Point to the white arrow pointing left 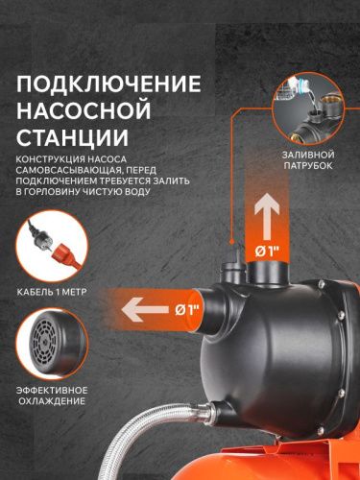point(142,309)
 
